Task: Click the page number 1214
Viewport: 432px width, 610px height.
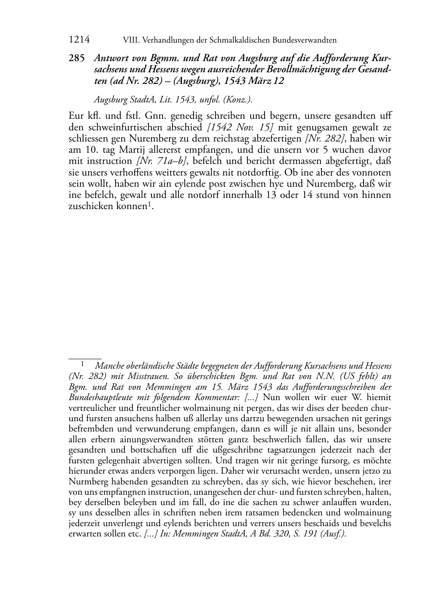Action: [x=79, y=40]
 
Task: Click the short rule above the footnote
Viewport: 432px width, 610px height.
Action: [x=85, y=358]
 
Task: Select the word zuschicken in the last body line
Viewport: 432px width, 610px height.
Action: [x=88, y=206]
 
